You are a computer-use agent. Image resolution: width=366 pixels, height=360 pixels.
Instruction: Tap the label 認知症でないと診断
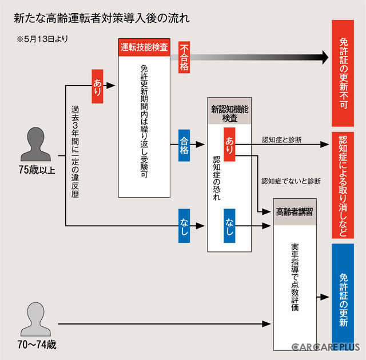(291, 181)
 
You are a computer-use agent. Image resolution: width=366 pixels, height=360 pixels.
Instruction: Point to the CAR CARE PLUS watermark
(325, 346)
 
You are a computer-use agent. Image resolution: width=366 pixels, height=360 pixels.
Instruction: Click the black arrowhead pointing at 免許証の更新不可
(324, 57)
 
